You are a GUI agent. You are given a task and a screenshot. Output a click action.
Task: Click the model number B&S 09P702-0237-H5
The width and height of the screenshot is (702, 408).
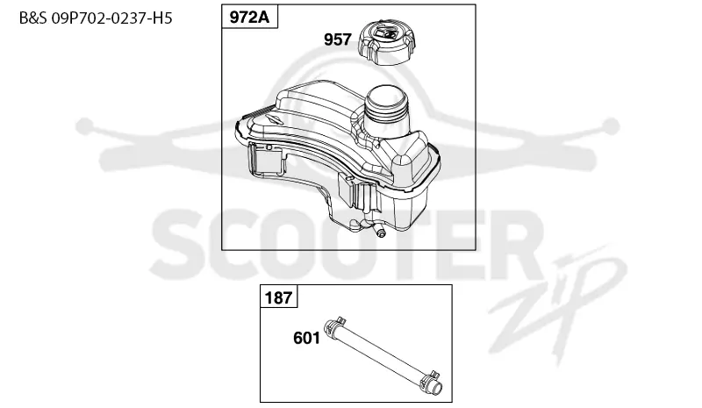[96, 18]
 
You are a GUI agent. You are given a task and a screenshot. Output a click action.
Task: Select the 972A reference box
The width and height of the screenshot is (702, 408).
[250, 17]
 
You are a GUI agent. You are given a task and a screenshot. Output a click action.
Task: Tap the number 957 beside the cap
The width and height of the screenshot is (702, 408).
[338, 39]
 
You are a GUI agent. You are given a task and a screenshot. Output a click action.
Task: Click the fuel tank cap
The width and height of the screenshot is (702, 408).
[387, 42]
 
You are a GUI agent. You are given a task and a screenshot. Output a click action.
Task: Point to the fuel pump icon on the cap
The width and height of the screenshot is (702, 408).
[385, 33]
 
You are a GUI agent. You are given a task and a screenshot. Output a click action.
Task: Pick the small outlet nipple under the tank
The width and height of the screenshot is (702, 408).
[381, 233]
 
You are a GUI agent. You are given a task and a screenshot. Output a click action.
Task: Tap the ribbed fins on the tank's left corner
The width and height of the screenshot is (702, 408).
[256, 113]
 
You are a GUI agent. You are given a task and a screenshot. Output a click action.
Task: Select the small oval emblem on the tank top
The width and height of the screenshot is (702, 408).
[273, 118]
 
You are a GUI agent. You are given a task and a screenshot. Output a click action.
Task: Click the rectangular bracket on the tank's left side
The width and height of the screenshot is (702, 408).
[266, 160]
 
